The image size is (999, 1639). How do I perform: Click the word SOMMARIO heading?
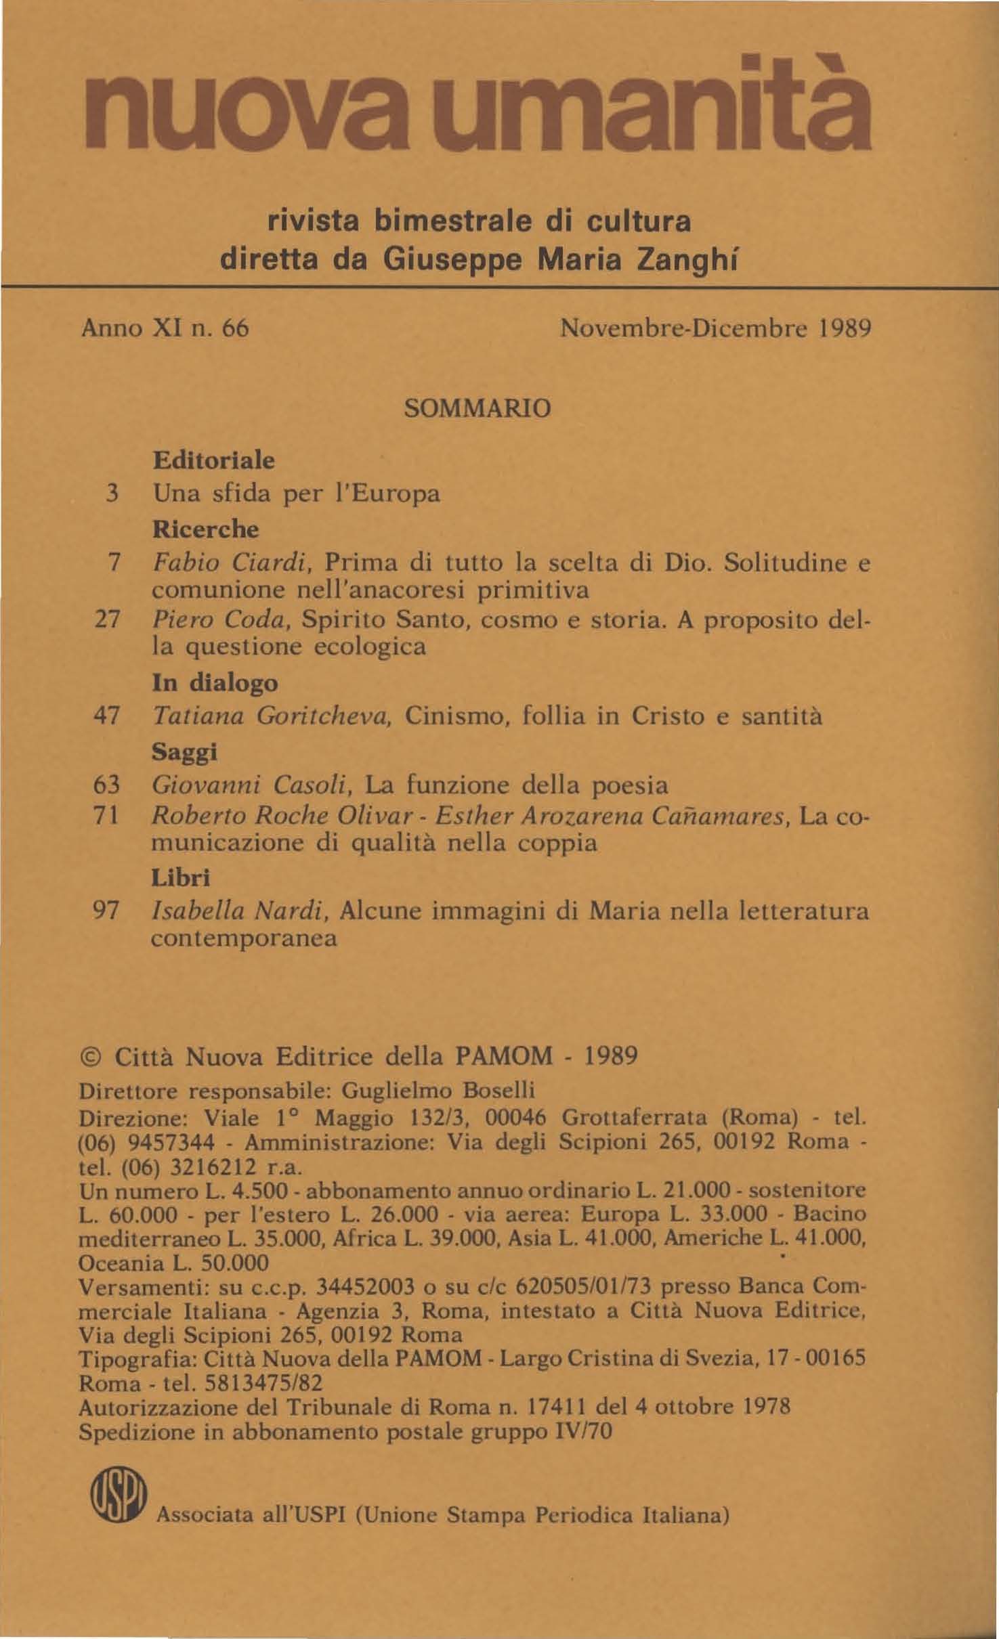pos(477,409)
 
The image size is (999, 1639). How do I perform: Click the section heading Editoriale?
pos(214,460)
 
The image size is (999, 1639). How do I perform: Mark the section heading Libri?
pos(181,878)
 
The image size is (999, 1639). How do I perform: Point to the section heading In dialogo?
pos(215,682)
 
